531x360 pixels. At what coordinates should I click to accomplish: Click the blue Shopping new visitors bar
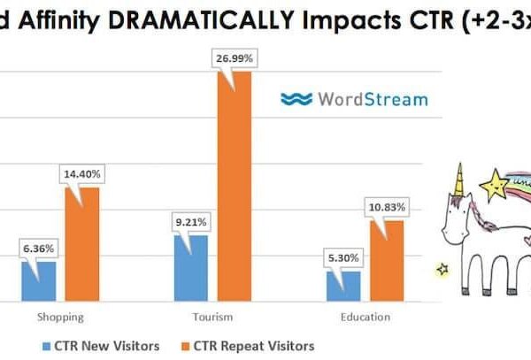point(38,280)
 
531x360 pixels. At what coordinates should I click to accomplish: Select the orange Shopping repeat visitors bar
point(82,244)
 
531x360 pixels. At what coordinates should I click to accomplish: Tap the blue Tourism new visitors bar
point(191,268)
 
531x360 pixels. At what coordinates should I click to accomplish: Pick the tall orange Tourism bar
point(234,186)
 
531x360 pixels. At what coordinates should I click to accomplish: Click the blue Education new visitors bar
point(343,286)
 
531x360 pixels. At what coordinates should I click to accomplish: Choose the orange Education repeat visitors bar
point(387,260)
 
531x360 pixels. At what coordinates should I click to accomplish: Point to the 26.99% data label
point(233,57)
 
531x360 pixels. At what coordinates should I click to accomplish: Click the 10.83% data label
point(386,207)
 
